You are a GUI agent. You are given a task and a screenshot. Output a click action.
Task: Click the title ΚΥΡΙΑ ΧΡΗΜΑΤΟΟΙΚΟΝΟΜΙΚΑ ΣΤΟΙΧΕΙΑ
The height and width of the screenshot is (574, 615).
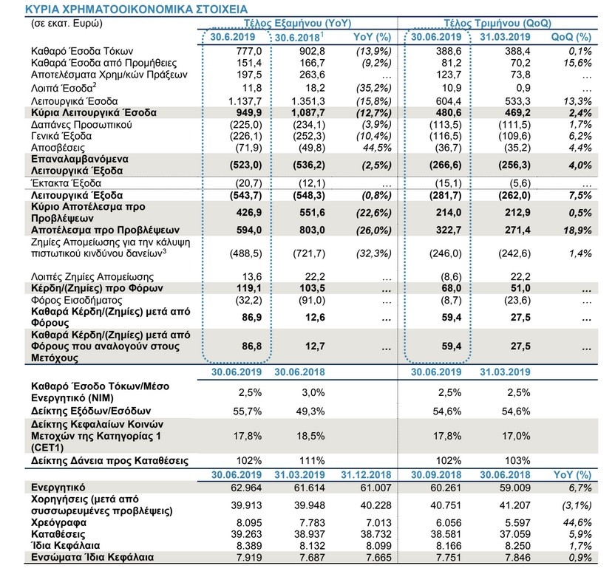pos(136,9)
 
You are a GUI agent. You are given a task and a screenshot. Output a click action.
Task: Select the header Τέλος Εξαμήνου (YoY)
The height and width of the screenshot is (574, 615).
pos(298,24)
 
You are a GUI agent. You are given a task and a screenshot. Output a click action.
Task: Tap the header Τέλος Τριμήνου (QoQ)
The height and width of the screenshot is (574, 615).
pos(497,24)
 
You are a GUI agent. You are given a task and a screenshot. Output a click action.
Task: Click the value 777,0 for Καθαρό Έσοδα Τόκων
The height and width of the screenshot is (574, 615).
pos(249,52)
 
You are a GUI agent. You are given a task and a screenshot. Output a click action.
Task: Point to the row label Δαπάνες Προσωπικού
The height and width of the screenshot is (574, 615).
pos(81,125)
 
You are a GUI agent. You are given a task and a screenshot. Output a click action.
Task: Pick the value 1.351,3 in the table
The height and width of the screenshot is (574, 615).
pos(308,101)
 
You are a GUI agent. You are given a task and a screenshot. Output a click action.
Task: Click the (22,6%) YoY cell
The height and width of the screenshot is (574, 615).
pos(374,213)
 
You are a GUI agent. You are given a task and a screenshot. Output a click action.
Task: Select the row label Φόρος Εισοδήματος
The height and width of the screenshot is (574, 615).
pos(76,301)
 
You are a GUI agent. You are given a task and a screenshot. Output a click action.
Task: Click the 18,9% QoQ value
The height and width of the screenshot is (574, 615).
pos(578,230)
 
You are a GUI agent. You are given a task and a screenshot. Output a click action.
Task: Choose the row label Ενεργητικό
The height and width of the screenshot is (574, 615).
pos(58,488)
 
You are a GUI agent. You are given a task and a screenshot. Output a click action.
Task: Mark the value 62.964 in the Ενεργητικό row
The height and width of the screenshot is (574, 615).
pos(246,488)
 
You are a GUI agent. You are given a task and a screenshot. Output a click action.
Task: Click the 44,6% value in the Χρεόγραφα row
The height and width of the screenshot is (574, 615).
pos(578,522)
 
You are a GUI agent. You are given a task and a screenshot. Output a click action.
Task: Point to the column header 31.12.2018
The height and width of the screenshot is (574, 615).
pos(366,475)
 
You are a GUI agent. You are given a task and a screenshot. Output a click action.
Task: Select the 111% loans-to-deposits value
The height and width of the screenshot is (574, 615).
pos(313,461)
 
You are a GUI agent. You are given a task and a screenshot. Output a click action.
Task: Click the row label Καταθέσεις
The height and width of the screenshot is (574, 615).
pos(58,534)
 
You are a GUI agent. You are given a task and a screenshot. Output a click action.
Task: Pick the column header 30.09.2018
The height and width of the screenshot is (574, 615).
pos(436,475)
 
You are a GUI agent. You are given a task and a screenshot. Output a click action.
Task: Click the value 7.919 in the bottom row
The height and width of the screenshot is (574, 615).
pos(248,557)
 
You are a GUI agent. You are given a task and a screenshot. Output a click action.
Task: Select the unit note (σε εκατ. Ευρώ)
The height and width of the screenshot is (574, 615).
pos(67,24)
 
